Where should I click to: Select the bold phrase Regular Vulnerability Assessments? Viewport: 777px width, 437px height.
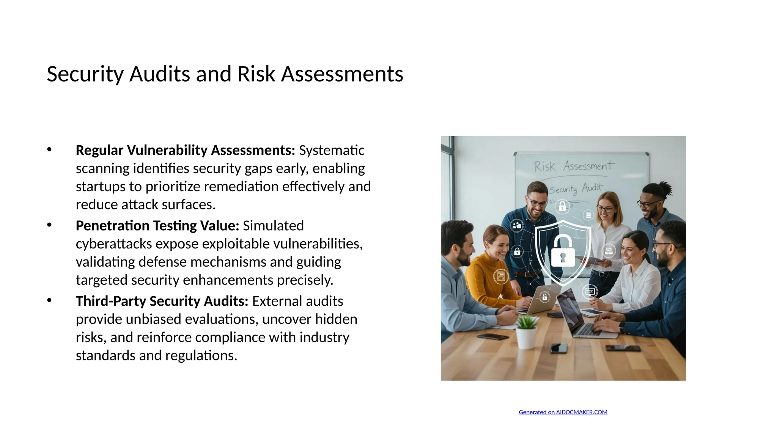pyautogui.click(x=185, y=150)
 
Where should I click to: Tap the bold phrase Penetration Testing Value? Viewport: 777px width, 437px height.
pyautogui.click(x=157, y=226)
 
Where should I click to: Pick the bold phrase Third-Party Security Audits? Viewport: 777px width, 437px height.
pyautogui.click(x=162, y=301)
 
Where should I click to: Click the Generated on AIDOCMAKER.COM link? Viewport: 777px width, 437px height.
pyautogui.click(x=563, y=412)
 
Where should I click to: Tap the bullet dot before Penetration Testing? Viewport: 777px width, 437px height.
pyautogui.click(x=49, y=225)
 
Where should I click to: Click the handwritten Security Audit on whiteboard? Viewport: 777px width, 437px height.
pyautogui.click(x=576, y=189)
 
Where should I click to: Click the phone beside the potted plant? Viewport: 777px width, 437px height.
pyautogui.click(x=559, y=347)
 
